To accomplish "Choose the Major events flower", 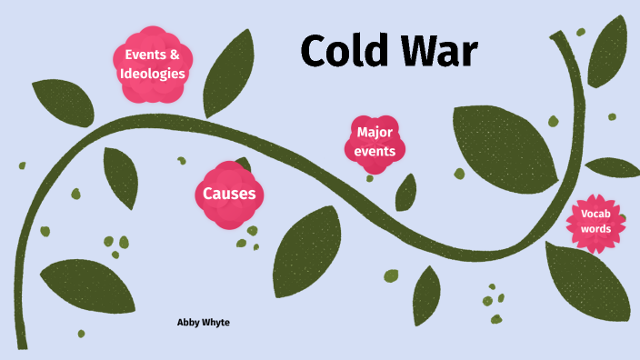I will click(x=375, y=141).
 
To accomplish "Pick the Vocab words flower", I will click(x=596, y=221).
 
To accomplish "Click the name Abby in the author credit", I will click(x=190, y=323).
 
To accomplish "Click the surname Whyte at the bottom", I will click(x=217, y=323).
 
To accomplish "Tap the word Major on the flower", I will click(x=375, y=133).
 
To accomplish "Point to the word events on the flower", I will click(x=375, y=151).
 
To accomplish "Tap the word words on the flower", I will click(x=596, y=229).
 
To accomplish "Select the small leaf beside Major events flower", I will click(x=406, y=192).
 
